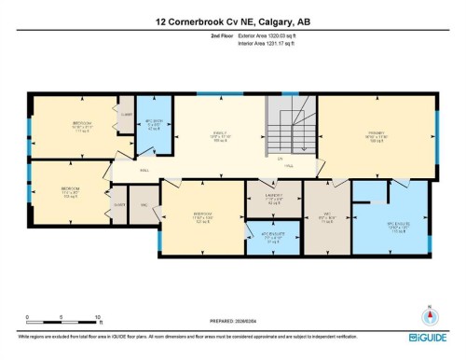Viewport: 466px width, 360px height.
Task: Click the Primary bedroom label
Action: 376,136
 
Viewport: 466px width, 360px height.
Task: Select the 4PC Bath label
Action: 155,125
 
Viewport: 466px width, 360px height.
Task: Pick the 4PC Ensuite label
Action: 273,236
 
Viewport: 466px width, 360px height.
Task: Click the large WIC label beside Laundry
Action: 325,221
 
